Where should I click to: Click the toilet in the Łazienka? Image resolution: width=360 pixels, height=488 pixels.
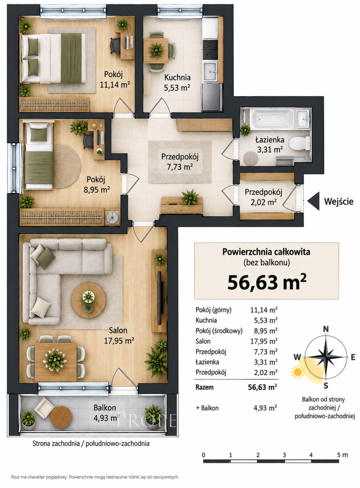coord(300,143)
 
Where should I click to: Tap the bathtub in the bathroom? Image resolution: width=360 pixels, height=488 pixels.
coord(273,119)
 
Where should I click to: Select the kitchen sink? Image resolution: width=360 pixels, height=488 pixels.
coord(210,72)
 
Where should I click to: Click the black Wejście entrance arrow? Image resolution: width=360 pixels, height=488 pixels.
coord(313,201)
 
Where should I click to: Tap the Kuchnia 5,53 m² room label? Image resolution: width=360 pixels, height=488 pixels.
coord(177,83)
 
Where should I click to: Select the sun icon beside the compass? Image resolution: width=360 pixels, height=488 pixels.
coord(298,372)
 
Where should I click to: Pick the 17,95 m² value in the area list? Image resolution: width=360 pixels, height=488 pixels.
coord(264,341)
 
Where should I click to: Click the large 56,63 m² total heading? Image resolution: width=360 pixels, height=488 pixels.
coord(267,283)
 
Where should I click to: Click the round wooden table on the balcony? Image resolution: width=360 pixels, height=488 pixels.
coord(61,417)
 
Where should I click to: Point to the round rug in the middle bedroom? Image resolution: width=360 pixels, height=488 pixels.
coord(66,166)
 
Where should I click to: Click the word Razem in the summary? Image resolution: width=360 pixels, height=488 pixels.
coord(204,387)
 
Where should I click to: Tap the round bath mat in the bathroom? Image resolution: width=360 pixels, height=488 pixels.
coord(251,158)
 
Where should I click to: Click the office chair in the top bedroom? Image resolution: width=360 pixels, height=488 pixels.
coord(116,46)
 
